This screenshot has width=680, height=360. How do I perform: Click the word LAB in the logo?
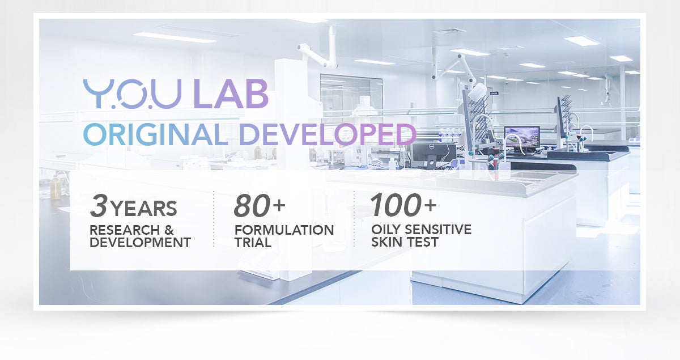(231, 94)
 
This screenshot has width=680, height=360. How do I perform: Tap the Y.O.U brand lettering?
(133, 94)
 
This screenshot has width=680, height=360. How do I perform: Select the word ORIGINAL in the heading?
(155, 134)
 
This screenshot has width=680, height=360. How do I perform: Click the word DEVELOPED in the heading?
(328, 134)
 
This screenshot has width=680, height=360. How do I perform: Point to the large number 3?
(99, 206)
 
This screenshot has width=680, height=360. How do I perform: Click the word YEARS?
(143, 209)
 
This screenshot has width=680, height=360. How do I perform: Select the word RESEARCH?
(125, 230)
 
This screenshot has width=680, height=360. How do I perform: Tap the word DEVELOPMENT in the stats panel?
(141, 243)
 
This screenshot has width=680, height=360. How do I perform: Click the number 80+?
(260, 206)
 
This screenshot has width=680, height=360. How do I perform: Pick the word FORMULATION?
(284, 230)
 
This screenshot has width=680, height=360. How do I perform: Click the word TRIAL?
(253, 243)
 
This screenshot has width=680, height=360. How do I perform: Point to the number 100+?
(403, 205)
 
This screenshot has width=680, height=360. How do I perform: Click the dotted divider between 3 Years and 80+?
(214, 219)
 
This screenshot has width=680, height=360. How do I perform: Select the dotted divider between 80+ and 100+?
(354, 219)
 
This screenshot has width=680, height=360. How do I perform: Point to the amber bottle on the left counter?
(56, 188)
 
